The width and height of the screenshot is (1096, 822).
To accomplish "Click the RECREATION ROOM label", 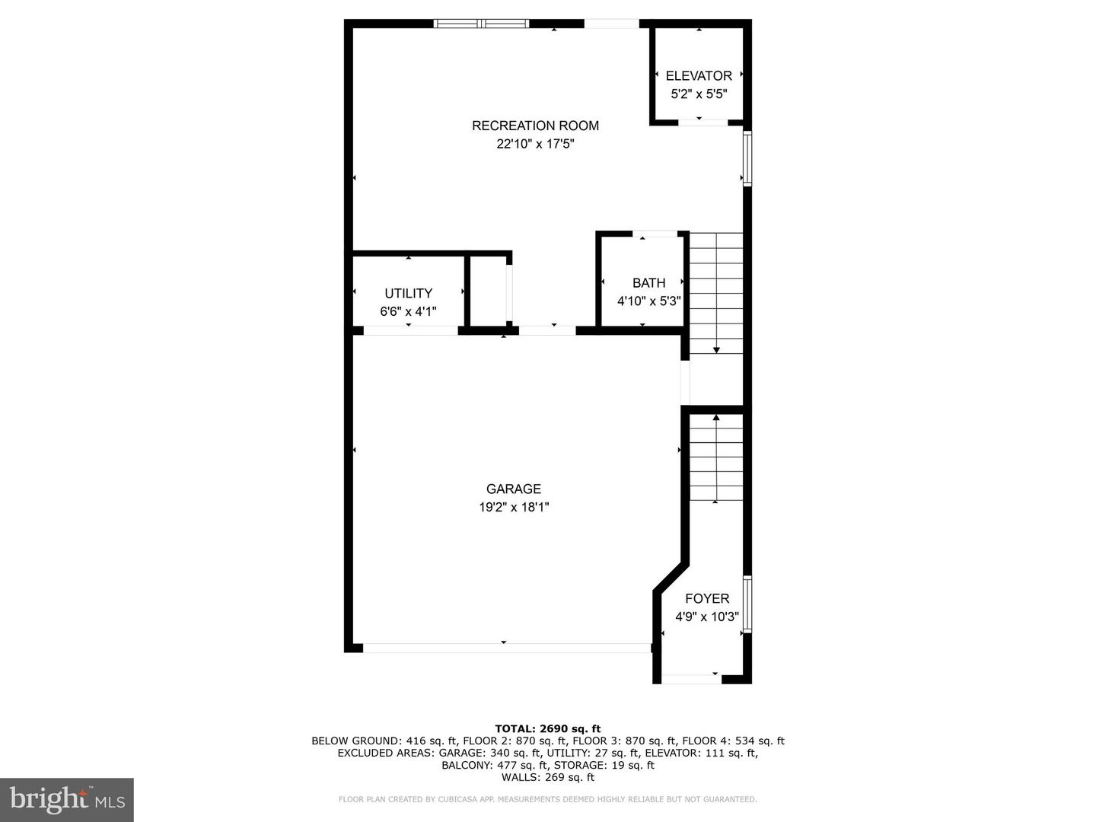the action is (x=535, y=126).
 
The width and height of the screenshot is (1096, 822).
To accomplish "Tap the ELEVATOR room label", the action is (x=699, y=76).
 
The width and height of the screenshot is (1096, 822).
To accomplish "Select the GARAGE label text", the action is (x=514, y=489).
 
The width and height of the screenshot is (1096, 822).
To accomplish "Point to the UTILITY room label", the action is (x=409, y=293).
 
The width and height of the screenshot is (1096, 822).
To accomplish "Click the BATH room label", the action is (x=649, y=283).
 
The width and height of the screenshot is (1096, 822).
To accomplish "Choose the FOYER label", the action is (x=707, y=598).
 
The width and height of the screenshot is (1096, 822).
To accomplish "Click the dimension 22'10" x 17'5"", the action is (x=535, y=145).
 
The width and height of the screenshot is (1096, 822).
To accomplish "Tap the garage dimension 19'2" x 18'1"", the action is (x=514, y=507).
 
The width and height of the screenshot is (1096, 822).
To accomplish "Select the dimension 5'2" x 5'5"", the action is (x=699, y=94).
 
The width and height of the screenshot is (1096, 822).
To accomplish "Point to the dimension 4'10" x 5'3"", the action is (x=649, y=301).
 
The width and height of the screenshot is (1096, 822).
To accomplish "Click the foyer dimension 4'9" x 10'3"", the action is (x=707, y=616).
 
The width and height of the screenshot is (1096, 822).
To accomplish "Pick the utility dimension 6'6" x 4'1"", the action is (x=409, y=311).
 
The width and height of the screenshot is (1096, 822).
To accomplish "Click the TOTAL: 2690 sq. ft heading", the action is (x=548, y=728).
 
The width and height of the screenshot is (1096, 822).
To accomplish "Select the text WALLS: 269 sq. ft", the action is (x=548, y=777).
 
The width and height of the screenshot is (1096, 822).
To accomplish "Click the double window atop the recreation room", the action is (x=481, y=24).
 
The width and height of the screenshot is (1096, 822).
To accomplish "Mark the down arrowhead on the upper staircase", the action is (x=716, y=350).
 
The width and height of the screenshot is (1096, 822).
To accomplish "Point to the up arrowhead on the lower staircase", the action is (x=716, y=417).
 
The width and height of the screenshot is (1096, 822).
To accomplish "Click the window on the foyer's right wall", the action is (x=747, y=604).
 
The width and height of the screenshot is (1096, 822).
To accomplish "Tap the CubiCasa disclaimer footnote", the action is (x=548, y=799).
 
